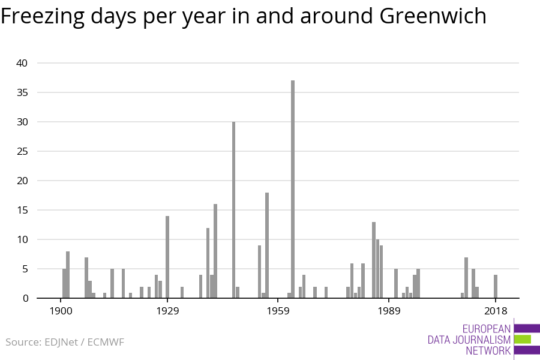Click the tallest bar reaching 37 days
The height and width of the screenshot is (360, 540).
[x=293, y=189]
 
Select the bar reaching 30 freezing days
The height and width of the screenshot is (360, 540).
[x=233, y=210]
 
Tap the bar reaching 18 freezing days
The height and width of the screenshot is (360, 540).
[x=267, y=245]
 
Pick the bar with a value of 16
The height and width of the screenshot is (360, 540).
[x=215, y=251]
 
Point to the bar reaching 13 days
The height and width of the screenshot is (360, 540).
[x=373, y=260]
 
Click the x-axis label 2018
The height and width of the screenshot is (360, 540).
[x=495, y=311]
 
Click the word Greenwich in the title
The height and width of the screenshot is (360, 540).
[x=433, y=16]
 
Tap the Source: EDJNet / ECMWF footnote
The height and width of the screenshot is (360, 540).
[x=65, y=343]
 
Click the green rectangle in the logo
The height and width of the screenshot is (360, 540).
[x=523, y=340]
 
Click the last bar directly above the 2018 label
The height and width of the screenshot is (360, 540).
[x=496, y=286]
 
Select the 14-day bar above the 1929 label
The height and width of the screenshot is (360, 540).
[x=167, y=257]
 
